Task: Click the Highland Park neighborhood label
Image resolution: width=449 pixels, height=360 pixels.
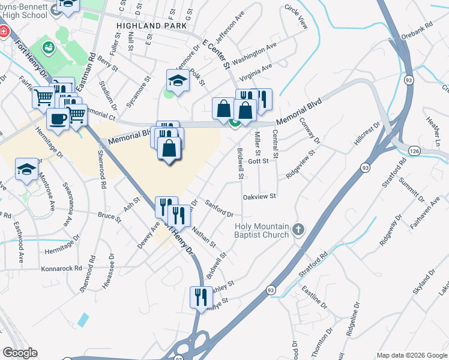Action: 148,26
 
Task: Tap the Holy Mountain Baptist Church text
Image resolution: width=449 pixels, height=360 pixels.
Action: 261,230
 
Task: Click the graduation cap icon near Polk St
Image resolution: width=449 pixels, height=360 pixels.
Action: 178,80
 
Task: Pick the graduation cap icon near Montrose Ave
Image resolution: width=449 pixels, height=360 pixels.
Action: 26,169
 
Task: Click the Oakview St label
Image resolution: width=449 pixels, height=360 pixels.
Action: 259,196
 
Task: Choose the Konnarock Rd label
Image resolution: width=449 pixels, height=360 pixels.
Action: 61,268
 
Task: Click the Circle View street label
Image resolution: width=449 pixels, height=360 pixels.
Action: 296,17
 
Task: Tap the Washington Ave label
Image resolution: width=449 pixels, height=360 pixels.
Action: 254,53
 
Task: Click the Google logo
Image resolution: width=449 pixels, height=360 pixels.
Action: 20,353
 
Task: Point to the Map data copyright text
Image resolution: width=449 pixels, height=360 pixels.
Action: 411,355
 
